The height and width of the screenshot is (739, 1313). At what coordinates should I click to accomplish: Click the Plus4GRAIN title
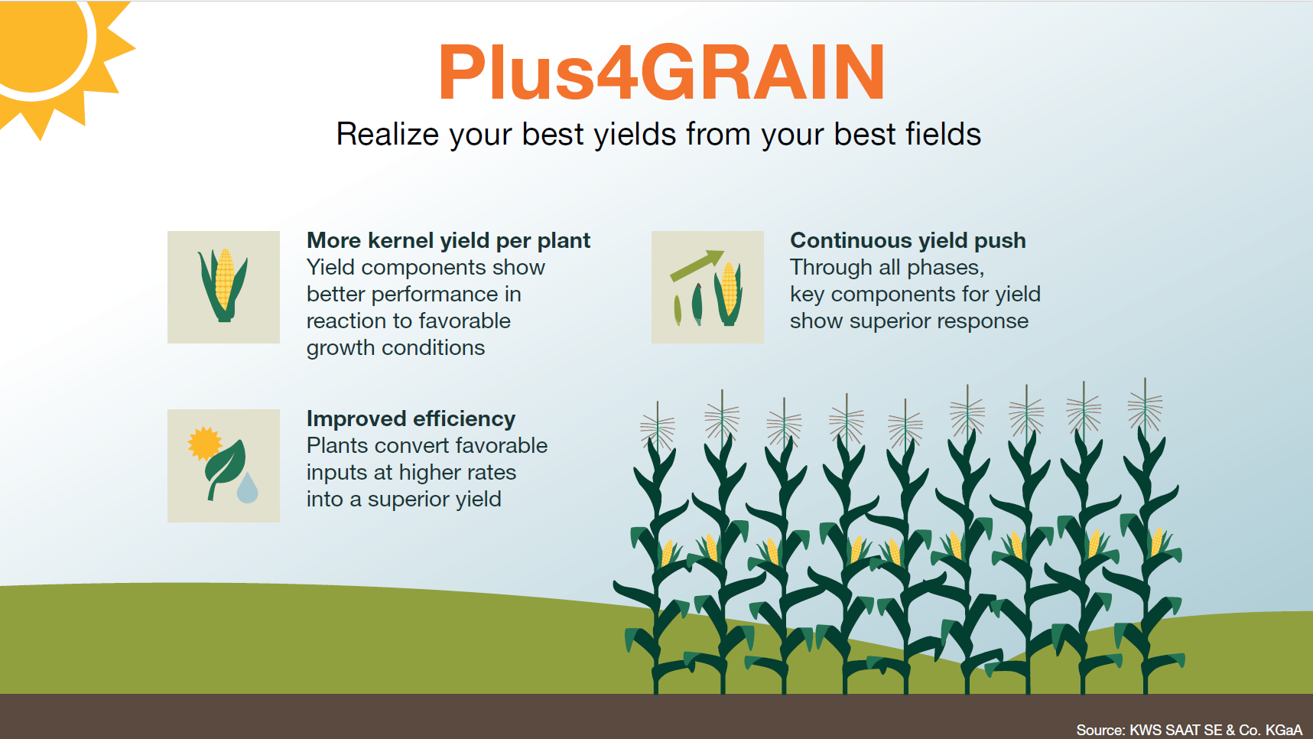661,73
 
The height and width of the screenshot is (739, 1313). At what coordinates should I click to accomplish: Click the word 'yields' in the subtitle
635,135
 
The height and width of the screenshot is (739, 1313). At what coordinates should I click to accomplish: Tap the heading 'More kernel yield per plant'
448,241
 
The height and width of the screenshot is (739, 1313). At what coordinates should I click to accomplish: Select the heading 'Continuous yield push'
908,241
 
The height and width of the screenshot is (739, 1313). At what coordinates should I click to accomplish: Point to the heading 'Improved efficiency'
411,419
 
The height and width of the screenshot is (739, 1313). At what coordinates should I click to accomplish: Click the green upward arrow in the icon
697,265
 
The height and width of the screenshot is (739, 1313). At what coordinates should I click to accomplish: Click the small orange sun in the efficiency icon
203,443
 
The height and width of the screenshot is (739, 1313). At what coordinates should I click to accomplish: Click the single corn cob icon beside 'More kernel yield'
224,284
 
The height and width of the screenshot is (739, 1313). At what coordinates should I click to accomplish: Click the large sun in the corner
38,38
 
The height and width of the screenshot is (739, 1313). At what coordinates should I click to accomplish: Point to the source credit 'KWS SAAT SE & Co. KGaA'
1215,730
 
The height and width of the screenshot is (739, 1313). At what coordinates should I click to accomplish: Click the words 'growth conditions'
395,348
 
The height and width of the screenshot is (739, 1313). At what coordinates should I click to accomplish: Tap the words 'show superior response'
908,321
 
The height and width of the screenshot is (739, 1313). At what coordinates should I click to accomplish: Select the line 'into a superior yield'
404,500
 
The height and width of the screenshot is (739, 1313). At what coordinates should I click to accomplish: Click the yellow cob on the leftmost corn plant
667,552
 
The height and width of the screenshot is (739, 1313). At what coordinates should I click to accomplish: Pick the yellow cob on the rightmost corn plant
1157,542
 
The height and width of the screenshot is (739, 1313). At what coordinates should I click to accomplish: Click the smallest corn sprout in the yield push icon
678,310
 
